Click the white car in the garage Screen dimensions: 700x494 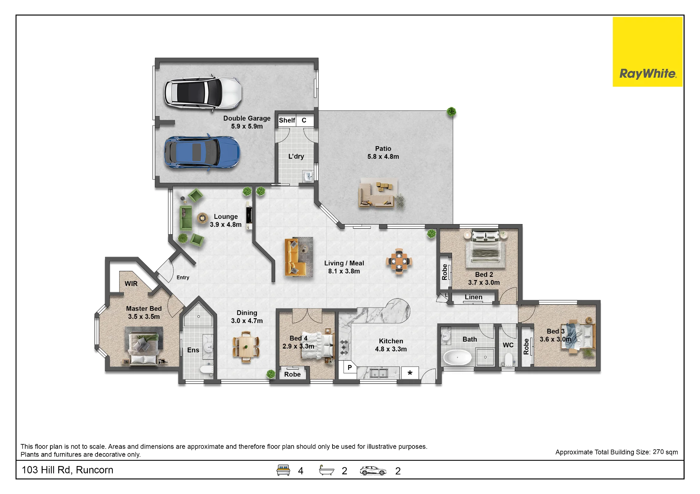tap(203, 92)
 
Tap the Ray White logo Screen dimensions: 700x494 tap(647, 52)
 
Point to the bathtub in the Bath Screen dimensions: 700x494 tap(457, 357)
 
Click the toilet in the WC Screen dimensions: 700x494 tap(508, 359)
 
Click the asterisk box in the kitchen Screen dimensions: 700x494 tap(410, 373)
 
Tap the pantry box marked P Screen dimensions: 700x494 tap(349, 368)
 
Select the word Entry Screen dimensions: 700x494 tap(183, 278)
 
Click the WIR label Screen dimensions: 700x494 tap(131, 284)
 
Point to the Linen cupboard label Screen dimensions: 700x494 tap(474, 297)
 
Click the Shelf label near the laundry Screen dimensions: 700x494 tap(287, 120)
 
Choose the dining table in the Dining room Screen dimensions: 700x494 tap(246, 347)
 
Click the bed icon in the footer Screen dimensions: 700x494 tap(283, 470)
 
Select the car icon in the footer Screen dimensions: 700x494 tap(373, 471)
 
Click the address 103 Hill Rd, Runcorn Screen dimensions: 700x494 tap(68, 470)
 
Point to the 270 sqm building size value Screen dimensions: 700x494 tap(665, 452)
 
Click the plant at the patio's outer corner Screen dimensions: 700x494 tap(451, 112)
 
